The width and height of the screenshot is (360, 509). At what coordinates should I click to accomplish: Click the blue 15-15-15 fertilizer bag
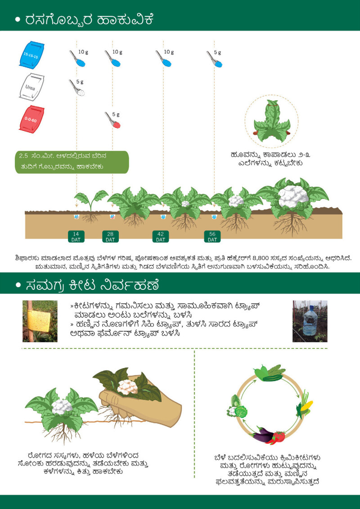(x=32, y=54)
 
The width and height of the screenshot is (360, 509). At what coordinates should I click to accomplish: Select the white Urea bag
(x=32, y=87)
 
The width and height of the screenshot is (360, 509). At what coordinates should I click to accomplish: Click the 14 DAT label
(x=76, y=237)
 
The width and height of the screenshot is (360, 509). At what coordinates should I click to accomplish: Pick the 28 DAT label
(x=110, y=237)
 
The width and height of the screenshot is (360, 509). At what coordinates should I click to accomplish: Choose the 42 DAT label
(x=161, y=237)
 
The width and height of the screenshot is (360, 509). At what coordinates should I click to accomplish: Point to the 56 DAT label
(x=212, y=237)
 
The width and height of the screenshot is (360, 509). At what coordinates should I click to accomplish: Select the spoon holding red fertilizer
(x=112, y=120)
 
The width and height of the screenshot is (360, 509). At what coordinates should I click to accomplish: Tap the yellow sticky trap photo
(x=40, y=321)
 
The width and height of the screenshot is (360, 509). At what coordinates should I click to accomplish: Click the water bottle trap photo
(x=310, y=321)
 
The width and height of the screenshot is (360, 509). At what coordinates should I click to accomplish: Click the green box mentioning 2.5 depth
(x=72, y=162)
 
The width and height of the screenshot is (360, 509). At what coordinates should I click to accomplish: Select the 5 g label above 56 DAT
(x=217, y=53)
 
